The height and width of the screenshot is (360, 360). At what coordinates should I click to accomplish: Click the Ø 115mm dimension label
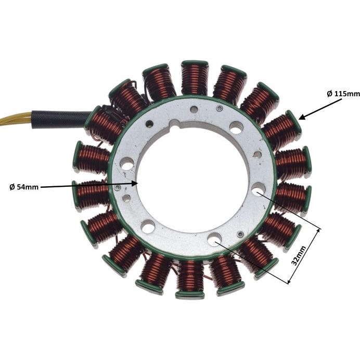tap(343, 94)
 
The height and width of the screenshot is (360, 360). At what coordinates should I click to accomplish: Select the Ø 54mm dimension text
tap(24, 187)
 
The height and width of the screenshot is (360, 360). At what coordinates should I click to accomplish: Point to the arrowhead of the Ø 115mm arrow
tap(302, 117)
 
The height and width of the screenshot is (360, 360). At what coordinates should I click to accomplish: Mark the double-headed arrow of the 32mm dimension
tap(303, 256)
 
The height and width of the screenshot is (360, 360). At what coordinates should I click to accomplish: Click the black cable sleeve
tap(62, 119)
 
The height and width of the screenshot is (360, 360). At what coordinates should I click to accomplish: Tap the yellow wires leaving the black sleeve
tap(16, 120)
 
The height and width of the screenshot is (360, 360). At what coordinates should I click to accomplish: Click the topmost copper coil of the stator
tap(195, 78)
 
